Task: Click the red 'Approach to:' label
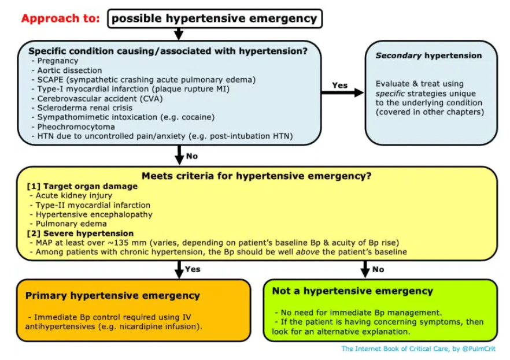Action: click(62, 18)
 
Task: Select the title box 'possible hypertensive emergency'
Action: click(215, 18)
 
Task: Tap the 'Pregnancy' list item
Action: click(58, 61)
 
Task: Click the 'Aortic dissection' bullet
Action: click(69, 70)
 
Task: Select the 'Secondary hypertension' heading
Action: click(428, 55)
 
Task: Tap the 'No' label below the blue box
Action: click(192, 155)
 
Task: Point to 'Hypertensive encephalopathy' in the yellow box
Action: click(94, 214)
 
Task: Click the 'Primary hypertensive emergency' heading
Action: click(112, 295)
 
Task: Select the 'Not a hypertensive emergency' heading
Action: click(352, 291)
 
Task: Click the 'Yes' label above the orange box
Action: click(193, 269)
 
